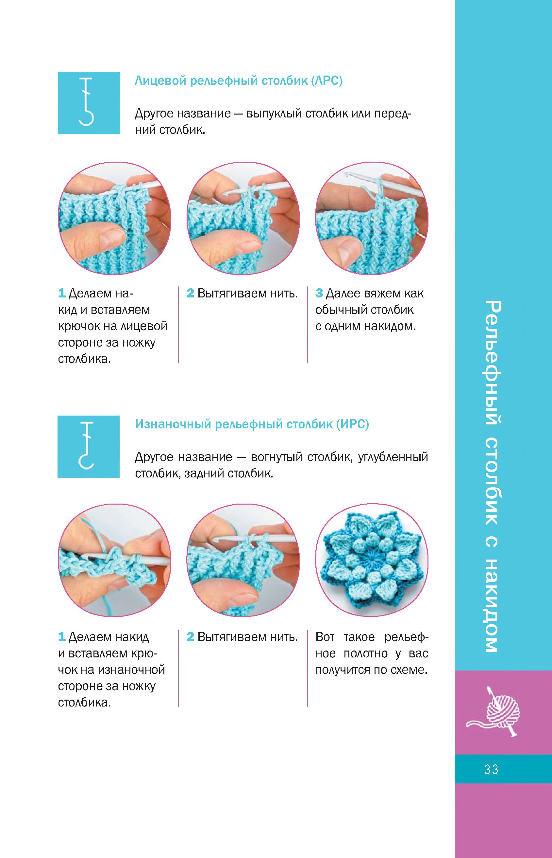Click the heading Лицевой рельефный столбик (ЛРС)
pos(238,81)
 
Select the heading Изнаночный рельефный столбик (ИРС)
pos(252,424)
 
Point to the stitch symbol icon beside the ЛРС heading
pos(89,103)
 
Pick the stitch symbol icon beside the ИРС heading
pos(89,446)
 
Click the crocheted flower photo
pos(372,560)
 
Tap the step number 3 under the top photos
pos(319,294)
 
